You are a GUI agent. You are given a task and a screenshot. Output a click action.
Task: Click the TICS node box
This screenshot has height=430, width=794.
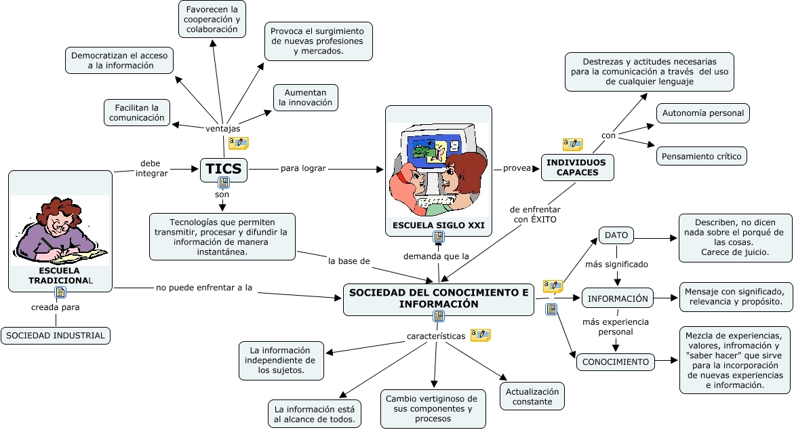click(x=223, y=169)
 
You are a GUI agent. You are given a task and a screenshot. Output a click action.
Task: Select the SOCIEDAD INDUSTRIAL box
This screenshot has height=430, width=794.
click(x=56, y=335)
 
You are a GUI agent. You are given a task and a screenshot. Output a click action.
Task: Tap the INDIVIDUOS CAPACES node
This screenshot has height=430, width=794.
click(x=578, y=167)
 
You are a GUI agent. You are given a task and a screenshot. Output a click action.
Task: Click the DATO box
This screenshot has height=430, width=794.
click(x=616, y=235)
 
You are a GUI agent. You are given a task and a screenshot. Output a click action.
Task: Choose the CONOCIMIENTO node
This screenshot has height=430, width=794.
click(x=616, y=362)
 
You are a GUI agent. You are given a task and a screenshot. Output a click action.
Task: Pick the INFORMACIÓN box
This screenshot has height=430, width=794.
click(x=617, y=298)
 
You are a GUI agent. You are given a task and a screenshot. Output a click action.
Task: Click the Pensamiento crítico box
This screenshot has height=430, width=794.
click(x=702, y=155)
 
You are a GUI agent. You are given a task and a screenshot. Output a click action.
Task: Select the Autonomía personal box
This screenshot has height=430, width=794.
click(x=702, y=113)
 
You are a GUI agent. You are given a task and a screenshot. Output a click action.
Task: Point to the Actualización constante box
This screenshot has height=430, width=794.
click(x=532, y=396)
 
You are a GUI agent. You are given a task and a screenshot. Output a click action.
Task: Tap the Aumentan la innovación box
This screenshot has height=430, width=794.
click(x=305, y=98)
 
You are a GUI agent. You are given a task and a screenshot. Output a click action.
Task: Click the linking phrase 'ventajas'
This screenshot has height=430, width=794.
click(x=222, y=128)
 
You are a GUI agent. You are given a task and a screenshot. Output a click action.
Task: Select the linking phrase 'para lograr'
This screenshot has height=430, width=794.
click(x=303, y=168)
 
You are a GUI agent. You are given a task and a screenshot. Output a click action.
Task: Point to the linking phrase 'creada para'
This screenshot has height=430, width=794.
click(x=56, y=307)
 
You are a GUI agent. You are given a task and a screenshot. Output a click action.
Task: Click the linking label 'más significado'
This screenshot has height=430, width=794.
click(x=616, y=264)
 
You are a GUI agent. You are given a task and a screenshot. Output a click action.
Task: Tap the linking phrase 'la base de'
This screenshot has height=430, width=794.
click(x=349, y=260)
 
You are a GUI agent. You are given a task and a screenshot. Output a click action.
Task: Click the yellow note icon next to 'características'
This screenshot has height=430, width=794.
click(x=480, y=335)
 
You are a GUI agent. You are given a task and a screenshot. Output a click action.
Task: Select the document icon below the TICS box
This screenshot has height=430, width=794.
click(x=224, y=183)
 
